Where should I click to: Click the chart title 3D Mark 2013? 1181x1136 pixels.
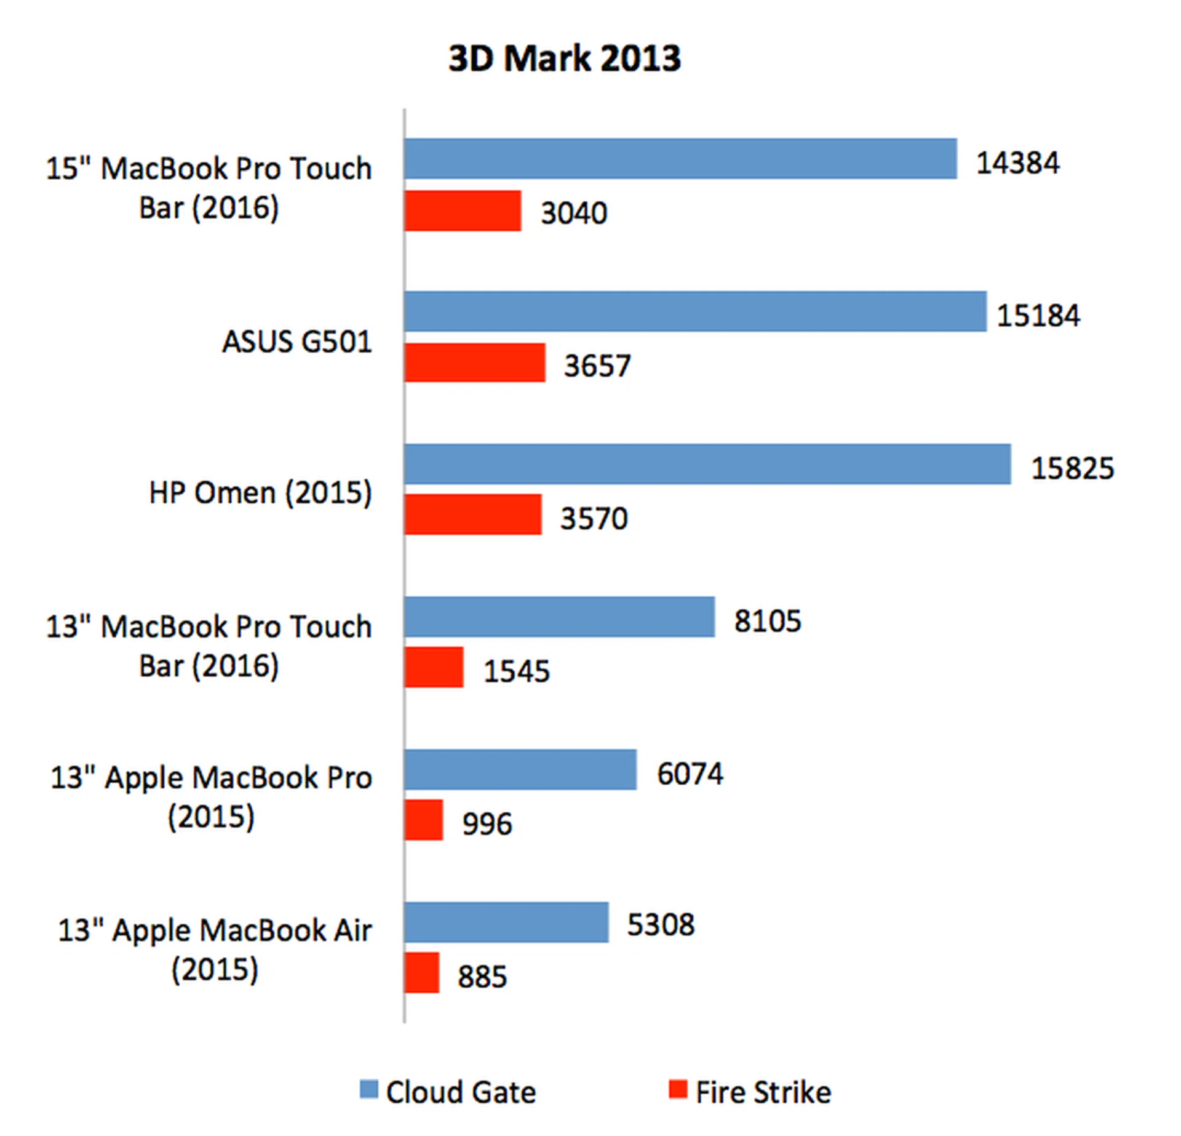tap(564, 59)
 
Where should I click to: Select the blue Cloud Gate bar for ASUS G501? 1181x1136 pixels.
tap(695, 311)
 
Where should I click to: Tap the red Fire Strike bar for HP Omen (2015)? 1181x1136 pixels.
tap(473, 514)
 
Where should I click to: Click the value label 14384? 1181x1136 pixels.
tap(1017, 163)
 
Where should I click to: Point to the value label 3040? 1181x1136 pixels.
tap(573, 213)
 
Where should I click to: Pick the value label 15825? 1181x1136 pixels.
tap(1072, 468)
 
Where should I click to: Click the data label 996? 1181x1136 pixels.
tap(487, 823)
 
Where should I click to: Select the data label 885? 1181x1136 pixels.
tap(482, 977)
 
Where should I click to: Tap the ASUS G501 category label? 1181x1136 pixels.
tap(297, 342)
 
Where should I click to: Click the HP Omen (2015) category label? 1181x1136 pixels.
tap(260, 493)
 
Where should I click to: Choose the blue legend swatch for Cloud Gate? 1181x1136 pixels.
tap(368, 1089)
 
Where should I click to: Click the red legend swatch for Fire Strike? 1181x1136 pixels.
tap(678, 1089)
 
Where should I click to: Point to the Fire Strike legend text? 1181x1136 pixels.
tap(763, 1092)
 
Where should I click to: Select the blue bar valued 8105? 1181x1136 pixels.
tap(559, 617)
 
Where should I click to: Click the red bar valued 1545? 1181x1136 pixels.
tap(434, 667)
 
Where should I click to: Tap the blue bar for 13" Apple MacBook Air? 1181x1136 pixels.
tap(506, 922)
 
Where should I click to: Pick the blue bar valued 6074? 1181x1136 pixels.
tap(520, 769)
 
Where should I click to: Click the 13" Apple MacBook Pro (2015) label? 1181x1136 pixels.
tap(211, 797)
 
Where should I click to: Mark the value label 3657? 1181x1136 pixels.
tap(597, 366)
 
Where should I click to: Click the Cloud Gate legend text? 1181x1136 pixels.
tap(461, 1092)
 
